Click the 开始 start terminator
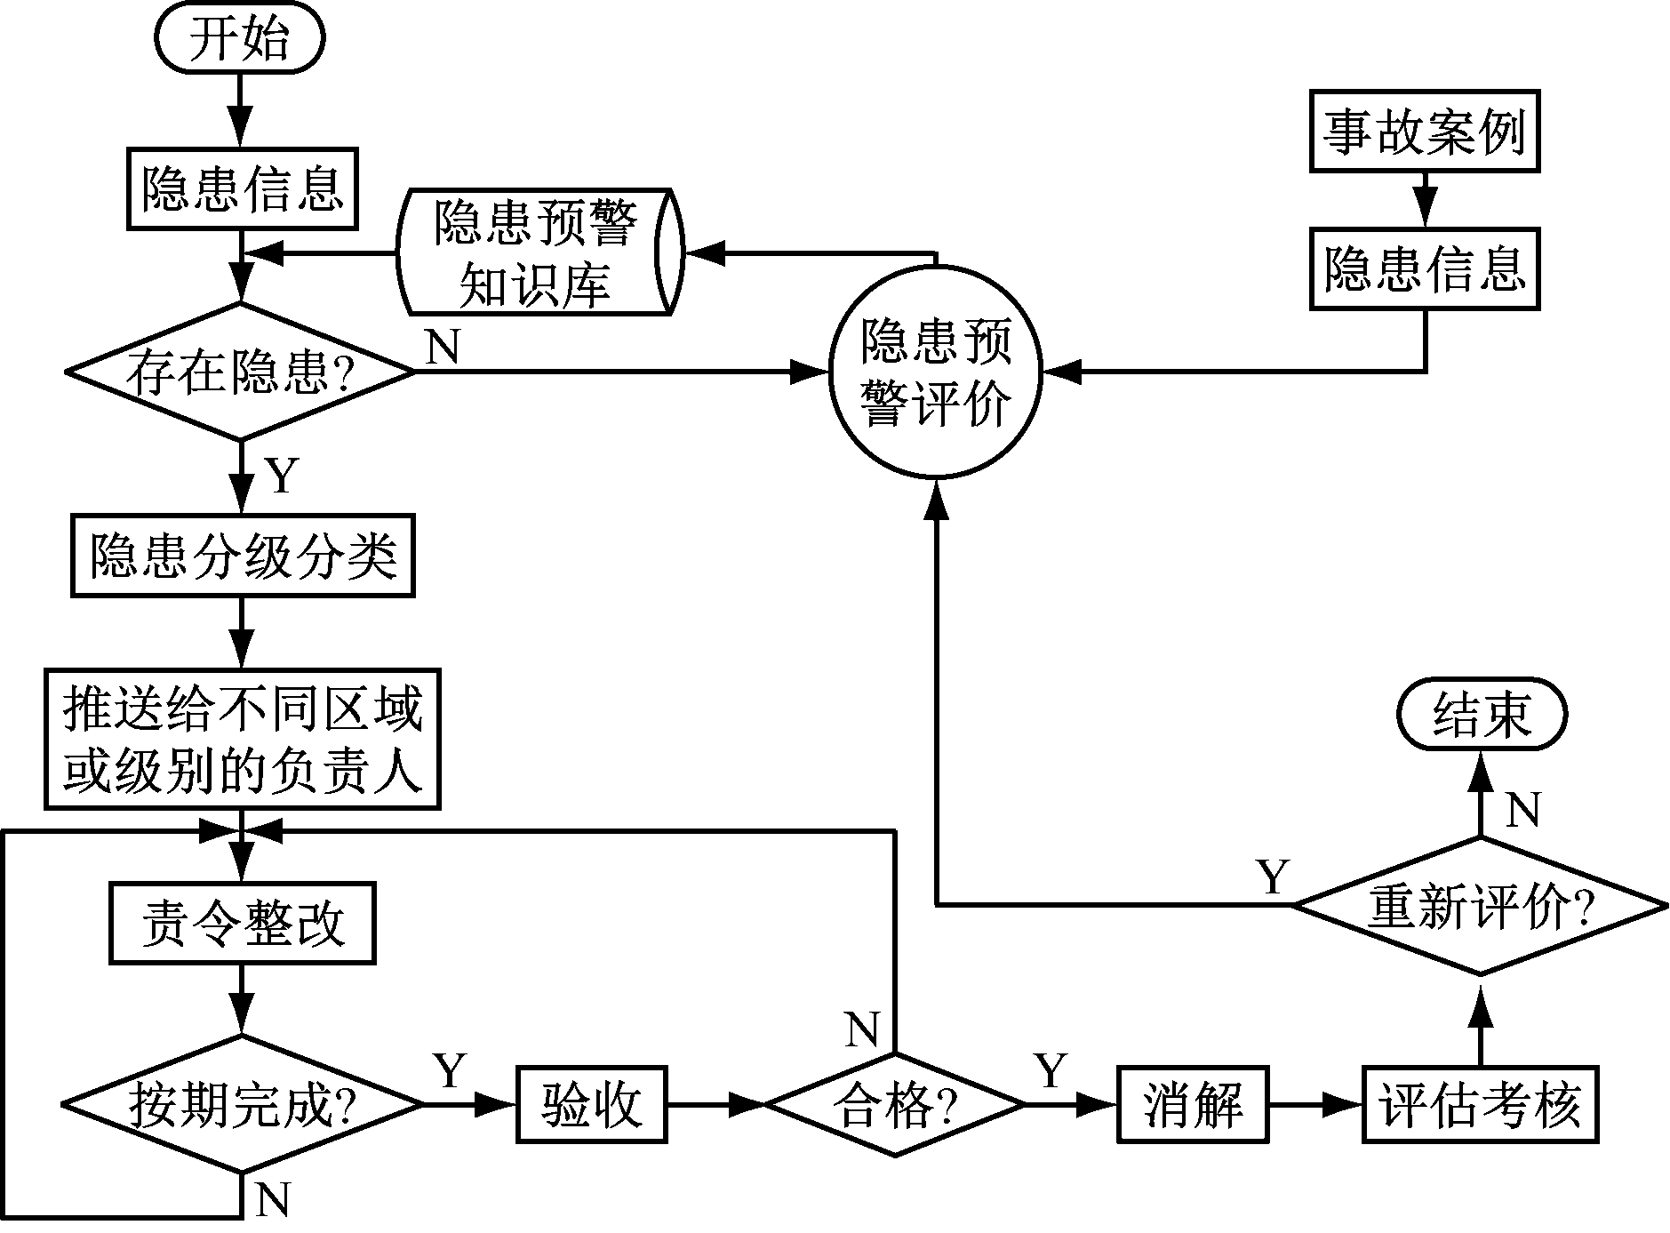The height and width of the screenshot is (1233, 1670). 240,40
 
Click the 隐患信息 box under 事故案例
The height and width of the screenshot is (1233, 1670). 1425,268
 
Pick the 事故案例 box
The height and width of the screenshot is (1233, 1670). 1425,132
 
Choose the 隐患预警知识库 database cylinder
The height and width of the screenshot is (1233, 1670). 537,252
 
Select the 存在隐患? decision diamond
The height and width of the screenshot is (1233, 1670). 240,372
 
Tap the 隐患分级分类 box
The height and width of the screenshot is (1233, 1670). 243,556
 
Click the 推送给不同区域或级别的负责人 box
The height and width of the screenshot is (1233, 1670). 243,740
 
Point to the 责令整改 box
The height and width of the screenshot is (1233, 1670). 242,924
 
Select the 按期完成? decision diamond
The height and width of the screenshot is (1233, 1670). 242,1105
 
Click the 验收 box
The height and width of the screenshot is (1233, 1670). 592,1105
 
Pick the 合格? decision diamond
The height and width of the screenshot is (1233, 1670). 894,1105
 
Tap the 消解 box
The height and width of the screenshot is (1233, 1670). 1192,1105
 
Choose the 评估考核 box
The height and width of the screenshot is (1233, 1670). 1480,1105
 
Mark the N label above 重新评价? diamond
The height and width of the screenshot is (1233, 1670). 1522,809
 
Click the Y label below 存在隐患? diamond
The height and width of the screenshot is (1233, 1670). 282,476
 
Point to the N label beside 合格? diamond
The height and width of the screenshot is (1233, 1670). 861,1029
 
